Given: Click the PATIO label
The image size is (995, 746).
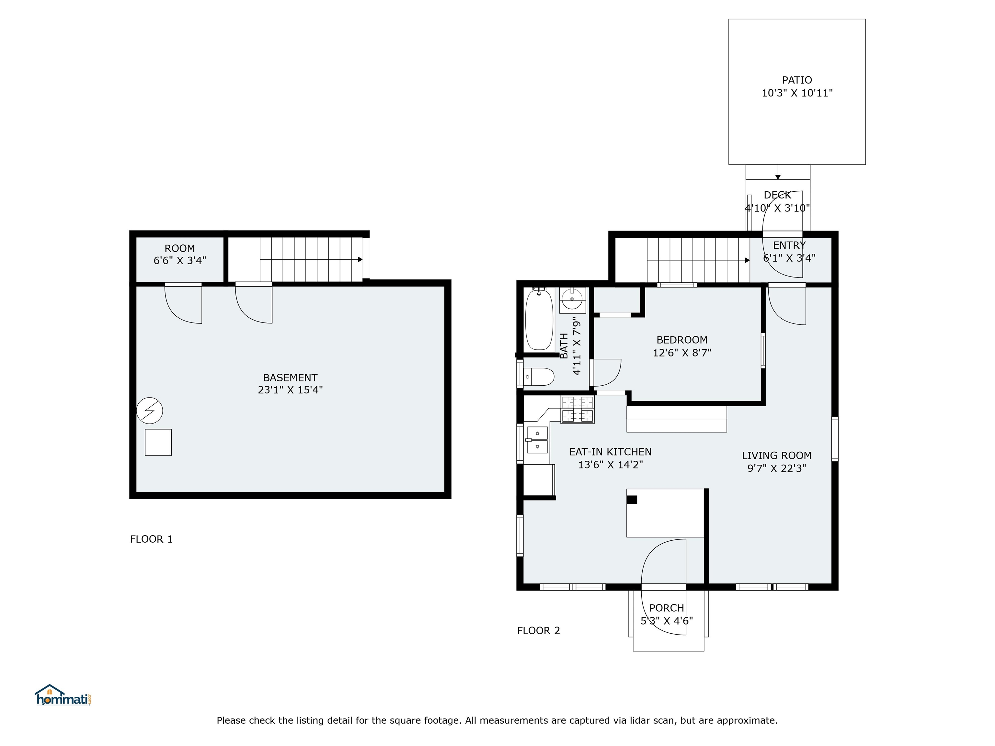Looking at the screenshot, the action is (x=797, y=80).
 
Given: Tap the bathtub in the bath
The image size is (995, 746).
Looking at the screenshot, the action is (x=539, y=319).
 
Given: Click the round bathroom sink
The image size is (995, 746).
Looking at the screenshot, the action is (x=572, y=300).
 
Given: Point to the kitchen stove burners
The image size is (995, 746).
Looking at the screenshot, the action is (x=577, y=410).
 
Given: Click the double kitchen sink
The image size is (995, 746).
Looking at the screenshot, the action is (x=537, y=440).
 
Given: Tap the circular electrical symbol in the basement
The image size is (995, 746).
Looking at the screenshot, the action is (x=149, y=410).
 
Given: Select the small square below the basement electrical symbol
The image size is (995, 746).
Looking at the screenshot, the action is (x=158, y=443).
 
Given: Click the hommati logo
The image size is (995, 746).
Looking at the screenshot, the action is (x=63, y=695).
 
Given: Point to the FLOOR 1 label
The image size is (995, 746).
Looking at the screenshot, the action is (x=151, y=539).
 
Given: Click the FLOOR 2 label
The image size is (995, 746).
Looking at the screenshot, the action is (x=538, y=631).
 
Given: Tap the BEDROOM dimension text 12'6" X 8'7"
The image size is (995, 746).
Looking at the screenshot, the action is (x=682, y=353).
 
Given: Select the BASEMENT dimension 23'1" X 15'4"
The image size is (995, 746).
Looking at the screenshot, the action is (x=290, y=390).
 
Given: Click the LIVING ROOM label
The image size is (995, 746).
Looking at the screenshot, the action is (x=776, y=456).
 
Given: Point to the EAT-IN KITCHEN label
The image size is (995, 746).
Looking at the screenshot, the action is (x=611, y=452).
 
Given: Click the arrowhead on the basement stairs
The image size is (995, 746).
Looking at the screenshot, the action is (x=360, y=259).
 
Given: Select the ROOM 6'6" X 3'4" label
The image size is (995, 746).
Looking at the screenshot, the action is (x=180, y=254).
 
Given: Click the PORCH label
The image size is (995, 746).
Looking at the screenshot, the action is (x=667, y=608).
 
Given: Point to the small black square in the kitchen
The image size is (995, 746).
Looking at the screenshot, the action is (x=632, y=499).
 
